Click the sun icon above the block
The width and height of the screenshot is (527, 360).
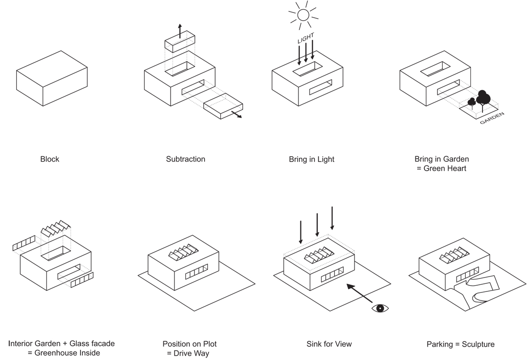tap(303, 15)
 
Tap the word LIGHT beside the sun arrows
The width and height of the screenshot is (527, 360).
tap(306, 38)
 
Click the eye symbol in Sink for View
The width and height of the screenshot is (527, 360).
tap(380, 308)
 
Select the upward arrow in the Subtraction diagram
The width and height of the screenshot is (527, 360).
tap(180, 31)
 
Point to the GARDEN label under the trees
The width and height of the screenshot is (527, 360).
tap(492, 118)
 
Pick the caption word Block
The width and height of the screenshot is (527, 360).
tap(50, 159)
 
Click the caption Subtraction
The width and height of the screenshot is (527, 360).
tap(185, 159)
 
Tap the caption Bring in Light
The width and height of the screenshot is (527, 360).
tap(311, 159)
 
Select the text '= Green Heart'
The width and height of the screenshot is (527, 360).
tap(441, 168)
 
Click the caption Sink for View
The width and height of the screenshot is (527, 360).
tap(329, 344)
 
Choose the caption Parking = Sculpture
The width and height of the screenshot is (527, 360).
tap(460, 344)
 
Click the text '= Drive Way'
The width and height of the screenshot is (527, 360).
tap(188, 353)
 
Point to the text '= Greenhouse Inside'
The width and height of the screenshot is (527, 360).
tap(64, 353)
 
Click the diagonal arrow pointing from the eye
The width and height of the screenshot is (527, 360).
tap(360, 293)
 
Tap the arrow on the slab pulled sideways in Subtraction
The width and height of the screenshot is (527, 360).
tap(236, 114)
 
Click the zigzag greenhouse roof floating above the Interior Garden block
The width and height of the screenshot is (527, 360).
tap(56, 228)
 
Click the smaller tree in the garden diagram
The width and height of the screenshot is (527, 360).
tap(472, 103)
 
